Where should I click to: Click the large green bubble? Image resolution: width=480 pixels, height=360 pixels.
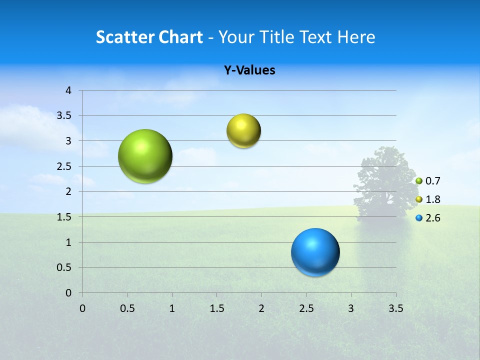point(145,156)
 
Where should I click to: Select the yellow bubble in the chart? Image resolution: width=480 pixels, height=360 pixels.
point(243,131)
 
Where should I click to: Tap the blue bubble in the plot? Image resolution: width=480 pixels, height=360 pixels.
point(315,252)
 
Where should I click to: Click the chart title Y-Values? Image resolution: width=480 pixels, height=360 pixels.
point(249,70)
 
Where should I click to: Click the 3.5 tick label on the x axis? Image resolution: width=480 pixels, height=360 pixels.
point(395,308)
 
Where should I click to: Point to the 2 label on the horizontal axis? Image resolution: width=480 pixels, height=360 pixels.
point(261,308)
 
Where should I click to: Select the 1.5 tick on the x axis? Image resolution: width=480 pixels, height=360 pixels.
point(216,308)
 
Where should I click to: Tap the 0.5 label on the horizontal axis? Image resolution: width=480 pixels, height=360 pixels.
point(127,308)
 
